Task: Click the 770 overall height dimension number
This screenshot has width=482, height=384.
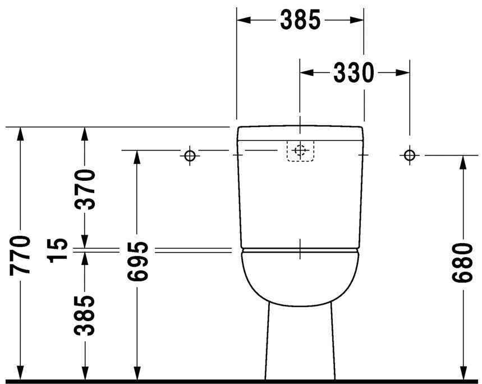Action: (x=20, y=255)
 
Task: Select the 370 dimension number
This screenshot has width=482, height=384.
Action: (x=85, y=189)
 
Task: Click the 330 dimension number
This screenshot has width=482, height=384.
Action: (x=354, y=72)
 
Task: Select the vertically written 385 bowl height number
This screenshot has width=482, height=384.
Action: (x=85, y=315)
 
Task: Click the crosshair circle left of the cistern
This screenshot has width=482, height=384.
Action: (x=190, y=155)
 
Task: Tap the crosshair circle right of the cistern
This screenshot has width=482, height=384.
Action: (x=410, y=154)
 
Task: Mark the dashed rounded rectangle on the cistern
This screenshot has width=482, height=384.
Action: (x=300, y=150)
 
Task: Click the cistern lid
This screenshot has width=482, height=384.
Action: (x=300, y=133)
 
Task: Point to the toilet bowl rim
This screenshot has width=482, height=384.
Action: (x=300, y=255)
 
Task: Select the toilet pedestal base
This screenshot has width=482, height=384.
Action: (x=300, y=342)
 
